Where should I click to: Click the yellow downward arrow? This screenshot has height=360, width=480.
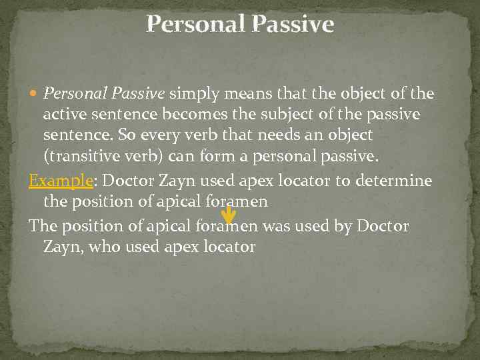pos(228,214)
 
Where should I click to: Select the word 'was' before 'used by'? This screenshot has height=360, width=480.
pos(275,226)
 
